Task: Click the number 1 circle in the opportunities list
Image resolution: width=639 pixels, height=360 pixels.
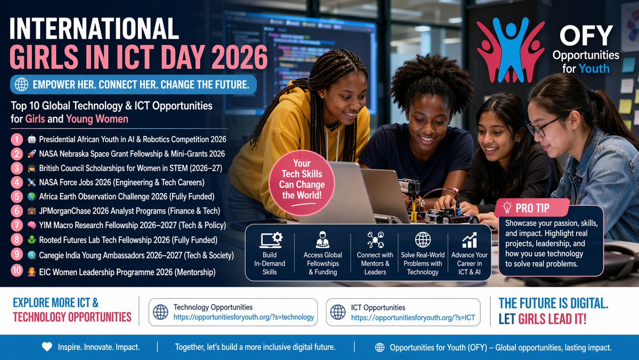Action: [18, 140]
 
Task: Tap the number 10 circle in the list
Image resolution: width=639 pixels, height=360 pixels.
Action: [18, 271]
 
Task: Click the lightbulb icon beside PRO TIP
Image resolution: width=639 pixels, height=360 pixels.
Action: [507, 208]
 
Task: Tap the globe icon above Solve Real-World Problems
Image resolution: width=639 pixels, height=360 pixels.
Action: [423, 240]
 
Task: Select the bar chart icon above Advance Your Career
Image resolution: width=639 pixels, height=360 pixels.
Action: [470, 240]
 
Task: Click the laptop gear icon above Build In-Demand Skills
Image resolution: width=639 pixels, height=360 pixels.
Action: [270, 240]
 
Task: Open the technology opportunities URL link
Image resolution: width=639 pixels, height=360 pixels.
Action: [244, 317]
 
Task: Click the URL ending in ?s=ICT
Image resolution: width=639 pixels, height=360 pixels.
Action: [413, 318]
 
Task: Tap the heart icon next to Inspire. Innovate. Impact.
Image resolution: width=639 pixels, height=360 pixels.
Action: [47, 347]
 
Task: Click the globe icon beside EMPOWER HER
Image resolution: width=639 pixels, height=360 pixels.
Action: [22, 84]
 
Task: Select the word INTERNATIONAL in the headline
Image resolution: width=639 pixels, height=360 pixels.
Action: [94, 29]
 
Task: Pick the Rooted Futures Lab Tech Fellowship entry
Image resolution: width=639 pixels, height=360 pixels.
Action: [128, 240]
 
